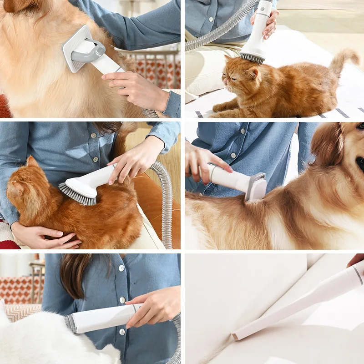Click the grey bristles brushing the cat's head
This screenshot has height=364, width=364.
coord(252,58)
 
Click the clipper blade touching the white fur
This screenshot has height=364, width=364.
coord(71,323)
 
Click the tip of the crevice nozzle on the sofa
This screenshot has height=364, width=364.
coord(237,336)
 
